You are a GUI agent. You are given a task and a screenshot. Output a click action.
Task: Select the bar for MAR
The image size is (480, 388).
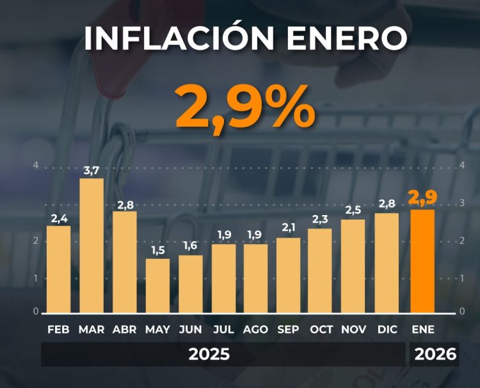92,245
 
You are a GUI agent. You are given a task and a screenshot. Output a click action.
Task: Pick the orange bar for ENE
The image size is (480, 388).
423,261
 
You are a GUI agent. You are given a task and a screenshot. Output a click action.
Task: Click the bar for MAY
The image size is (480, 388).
157,285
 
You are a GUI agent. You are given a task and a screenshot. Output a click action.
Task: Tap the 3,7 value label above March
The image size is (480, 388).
92,170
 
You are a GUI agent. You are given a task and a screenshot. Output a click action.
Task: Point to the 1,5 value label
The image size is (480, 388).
157,250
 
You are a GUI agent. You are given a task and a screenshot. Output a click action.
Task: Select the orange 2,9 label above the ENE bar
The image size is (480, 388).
423,199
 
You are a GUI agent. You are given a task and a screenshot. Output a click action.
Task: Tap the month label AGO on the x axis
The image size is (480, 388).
255,330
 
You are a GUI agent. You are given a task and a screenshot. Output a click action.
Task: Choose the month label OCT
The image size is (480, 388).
321,330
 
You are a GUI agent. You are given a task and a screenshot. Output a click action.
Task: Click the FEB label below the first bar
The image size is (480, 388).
59,330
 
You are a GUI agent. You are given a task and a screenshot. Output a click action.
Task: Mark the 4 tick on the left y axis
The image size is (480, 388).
36,165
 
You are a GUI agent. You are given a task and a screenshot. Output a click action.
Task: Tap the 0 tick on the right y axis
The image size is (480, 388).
462,311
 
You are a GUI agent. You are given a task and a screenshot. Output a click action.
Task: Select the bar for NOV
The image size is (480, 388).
353,266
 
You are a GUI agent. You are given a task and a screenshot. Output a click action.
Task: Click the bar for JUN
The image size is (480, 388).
190,284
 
